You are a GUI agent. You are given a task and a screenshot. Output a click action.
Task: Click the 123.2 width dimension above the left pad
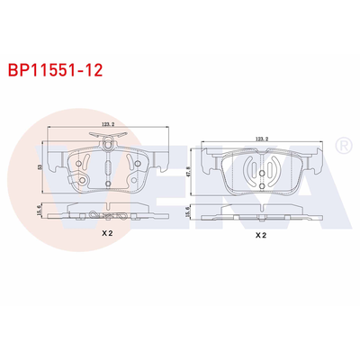click(107, 126)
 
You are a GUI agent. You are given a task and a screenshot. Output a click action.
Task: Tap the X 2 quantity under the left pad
click(107, 232)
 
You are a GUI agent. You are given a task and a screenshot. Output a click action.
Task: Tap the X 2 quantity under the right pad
click(260, 236)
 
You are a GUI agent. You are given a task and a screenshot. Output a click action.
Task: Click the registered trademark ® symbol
click(342, 145)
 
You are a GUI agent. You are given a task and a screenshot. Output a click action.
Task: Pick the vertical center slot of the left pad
click(107, 168)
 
